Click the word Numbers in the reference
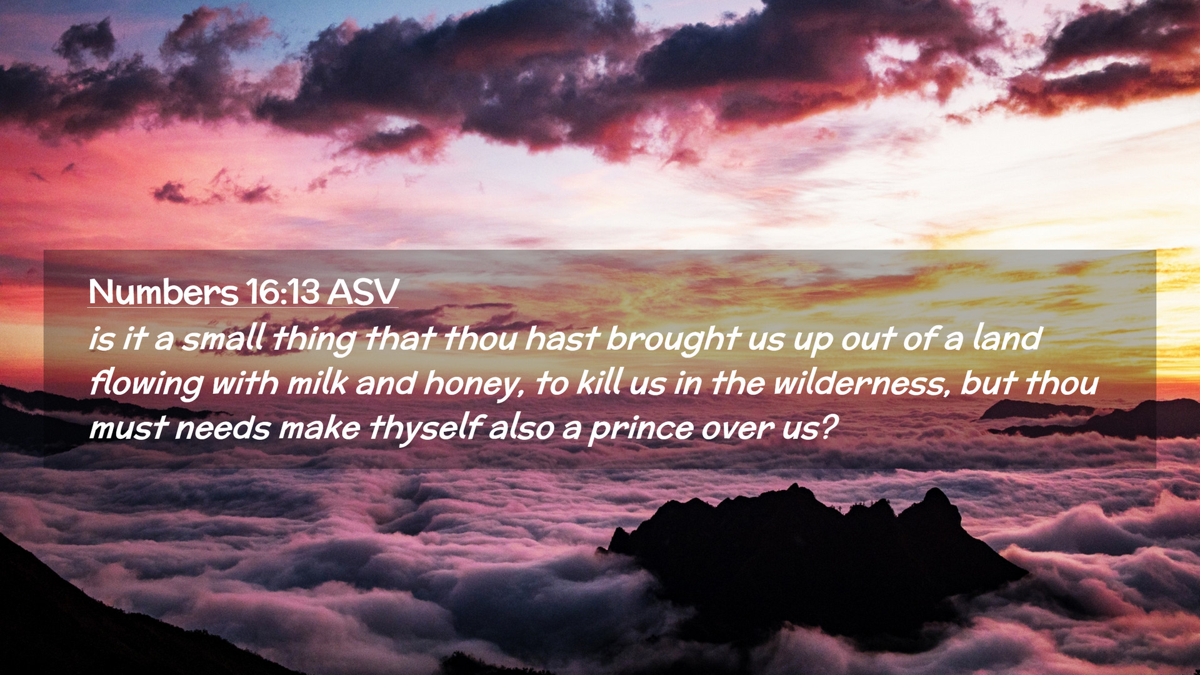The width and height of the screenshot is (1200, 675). pos(163,291)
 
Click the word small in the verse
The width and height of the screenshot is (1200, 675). pos(223,338)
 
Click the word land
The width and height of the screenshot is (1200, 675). pos(1007,338)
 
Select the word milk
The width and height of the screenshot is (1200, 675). pos(316,383)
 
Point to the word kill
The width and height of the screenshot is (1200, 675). pos(599,383)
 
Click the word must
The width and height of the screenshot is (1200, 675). pos(128,429)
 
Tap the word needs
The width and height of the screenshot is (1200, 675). pos(222,429)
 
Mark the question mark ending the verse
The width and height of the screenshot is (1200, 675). pos(827,427)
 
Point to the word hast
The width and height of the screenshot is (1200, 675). pos(562,338)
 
